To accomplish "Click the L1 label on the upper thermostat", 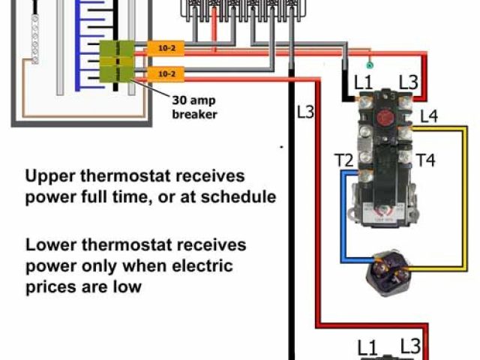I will [364, 82].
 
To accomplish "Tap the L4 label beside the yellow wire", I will [430, 116].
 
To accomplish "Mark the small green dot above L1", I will [369, 66].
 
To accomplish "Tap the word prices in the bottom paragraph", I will [48, 286].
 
